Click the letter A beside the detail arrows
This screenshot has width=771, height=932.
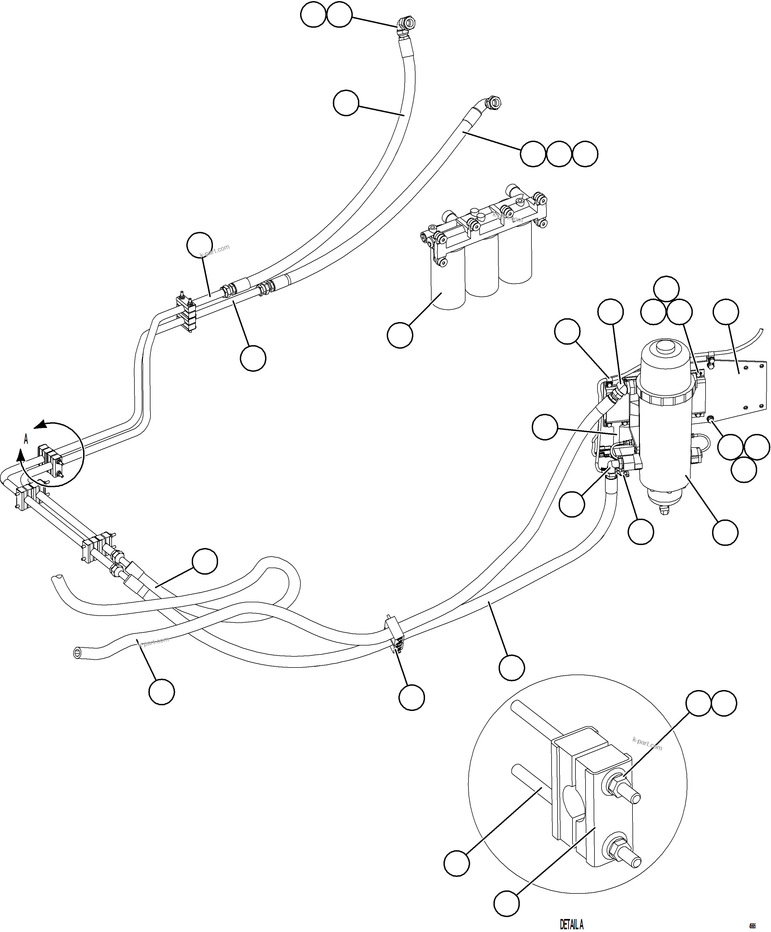[x=26, y=439]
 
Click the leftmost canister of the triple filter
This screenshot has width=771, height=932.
[x=448, y=284]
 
